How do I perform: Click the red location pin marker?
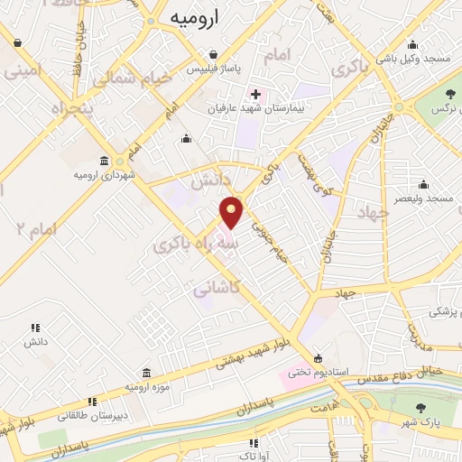(x=233, y=212)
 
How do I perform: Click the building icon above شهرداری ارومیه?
(x=106, y=160)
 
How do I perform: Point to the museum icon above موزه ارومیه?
(x=146, y=373)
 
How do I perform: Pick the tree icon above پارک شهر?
(x=421, y=408)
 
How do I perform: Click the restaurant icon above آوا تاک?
(x=254, y=443)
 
